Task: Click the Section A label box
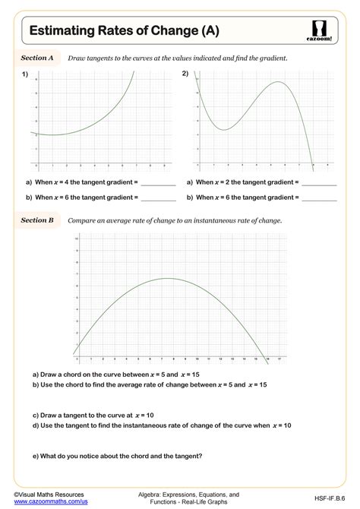37,58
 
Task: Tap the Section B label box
37,220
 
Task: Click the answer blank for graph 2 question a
320,183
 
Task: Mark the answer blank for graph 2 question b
320,198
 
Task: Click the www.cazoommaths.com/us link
52,502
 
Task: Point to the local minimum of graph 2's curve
223,129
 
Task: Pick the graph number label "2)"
185,74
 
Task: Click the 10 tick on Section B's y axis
76,239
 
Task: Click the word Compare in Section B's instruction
81,220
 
